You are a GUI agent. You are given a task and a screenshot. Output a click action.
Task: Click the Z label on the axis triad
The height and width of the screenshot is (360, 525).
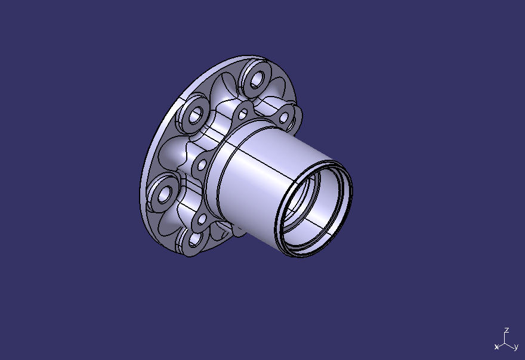point(506,330)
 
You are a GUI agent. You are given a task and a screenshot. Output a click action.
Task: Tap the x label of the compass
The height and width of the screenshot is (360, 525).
point(496,347)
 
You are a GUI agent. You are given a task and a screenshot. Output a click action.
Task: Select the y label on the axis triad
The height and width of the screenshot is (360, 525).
point(515,347)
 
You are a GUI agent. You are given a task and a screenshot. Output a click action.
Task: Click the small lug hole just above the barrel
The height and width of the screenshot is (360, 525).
point(243,113)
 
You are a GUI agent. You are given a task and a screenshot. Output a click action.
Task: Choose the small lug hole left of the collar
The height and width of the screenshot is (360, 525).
point(202,165)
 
